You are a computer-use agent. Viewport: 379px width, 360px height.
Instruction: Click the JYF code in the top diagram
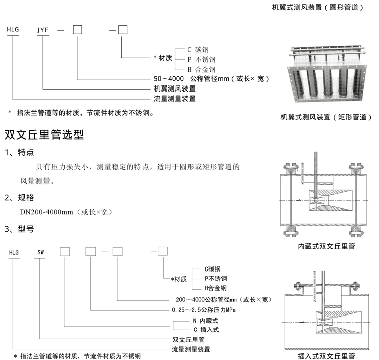click(43, 30)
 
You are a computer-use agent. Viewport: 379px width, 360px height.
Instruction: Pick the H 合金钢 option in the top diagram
click(202, 69)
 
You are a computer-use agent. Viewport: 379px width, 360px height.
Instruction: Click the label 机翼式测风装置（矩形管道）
click(326, 117)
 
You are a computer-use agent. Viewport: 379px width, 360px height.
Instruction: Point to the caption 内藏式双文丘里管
click(326, 247)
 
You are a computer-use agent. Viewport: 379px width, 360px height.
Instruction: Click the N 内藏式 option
click(205, 321)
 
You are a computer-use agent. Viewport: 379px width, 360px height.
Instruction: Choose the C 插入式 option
click(205, 330)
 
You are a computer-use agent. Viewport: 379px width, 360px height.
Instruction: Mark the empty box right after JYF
click(77, 30)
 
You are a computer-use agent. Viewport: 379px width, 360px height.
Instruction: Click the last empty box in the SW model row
click(162, 251)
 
